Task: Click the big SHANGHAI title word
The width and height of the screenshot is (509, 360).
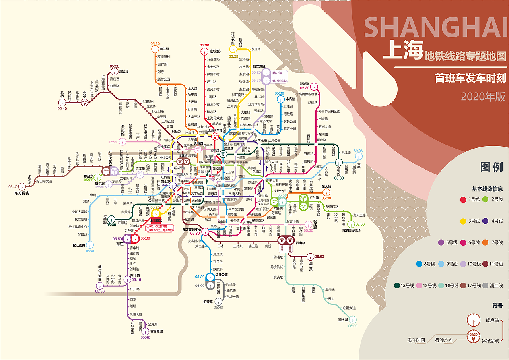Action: point(436,28)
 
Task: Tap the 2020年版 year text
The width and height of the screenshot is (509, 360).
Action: point(483,97)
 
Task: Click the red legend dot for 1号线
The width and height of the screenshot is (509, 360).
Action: point(463,200)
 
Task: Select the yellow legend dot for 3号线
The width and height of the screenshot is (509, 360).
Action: point(463,221)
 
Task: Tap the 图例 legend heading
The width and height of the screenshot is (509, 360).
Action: point(492,167)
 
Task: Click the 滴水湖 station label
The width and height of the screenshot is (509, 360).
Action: point(343,319)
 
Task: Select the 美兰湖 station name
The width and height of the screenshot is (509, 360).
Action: point(165,49)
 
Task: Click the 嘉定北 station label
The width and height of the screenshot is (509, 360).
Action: point(124,72)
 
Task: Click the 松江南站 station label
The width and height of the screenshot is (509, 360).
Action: point(80,245)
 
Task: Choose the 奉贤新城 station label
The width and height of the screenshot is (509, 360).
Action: point(156,331)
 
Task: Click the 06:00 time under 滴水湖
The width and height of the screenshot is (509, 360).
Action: point(353,326)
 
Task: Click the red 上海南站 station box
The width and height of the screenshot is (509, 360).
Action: point(155,221)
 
